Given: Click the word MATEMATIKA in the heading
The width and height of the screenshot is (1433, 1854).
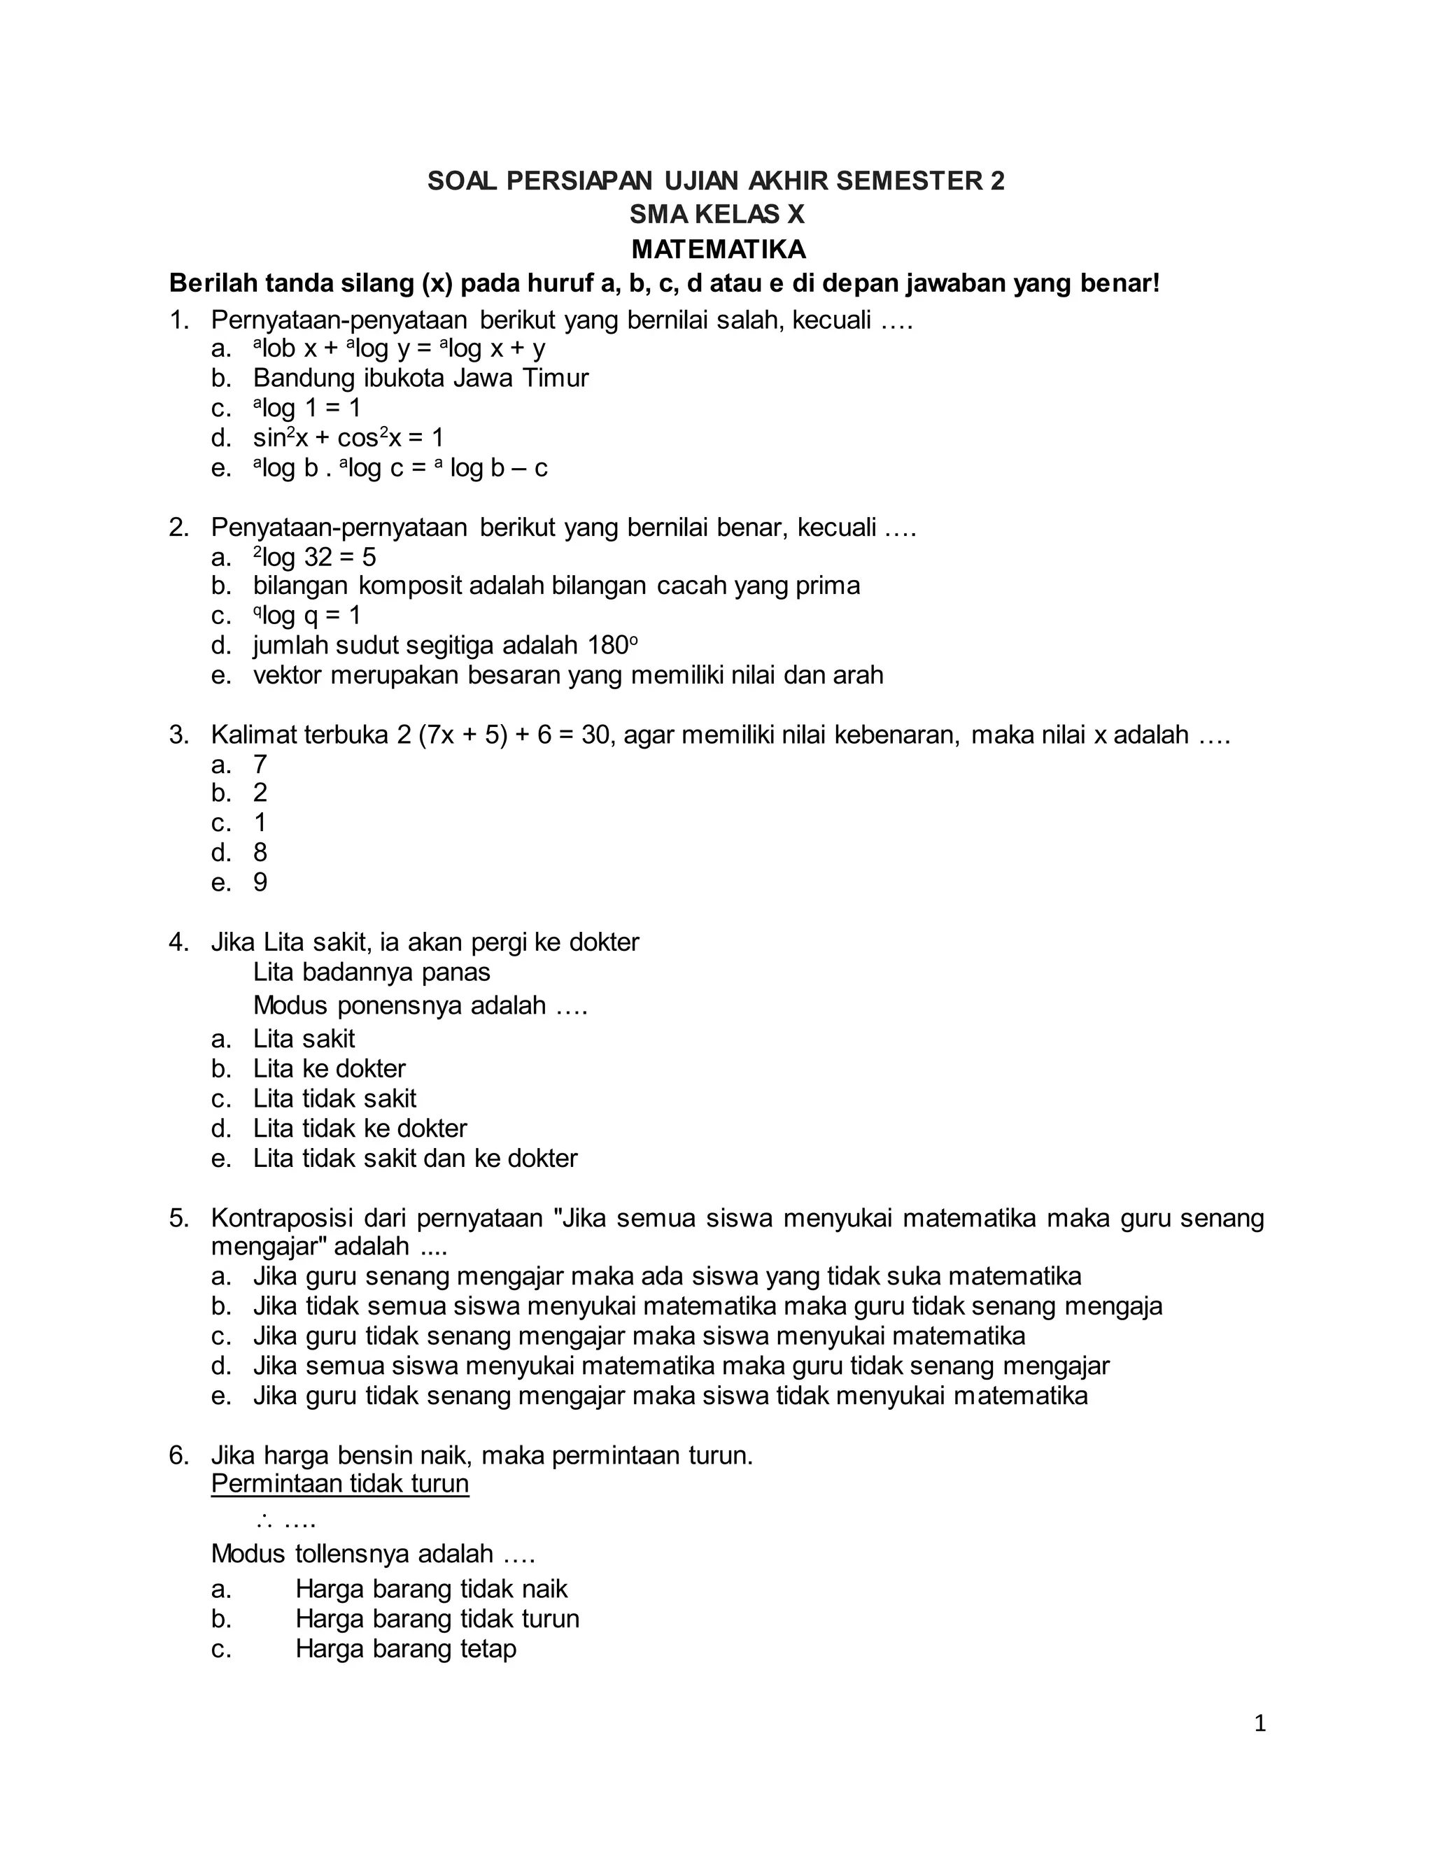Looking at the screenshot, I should click(x=718, y=250).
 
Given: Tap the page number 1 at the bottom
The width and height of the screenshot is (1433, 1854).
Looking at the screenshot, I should click(x=1259, y=1723).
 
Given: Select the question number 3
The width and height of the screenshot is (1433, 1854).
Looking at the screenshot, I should click(x=178, y=735).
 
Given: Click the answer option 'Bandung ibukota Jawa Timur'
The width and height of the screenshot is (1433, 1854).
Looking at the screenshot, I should click(x=421, y=378).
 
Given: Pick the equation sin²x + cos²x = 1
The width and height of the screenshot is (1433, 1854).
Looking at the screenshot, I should click(x=348, y=438).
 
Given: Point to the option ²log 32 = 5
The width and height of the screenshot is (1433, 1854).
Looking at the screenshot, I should click(x=314, y=557).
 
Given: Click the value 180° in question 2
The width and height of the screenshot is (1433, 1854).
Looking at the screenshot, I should click(x=612, y=645).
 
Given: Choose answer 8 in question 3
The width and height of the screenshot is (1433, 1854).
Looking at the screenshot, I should click(x=260, y=852).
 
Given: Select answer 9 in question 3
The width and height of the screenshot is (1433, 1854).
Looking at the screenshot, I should click(x=260, y=882).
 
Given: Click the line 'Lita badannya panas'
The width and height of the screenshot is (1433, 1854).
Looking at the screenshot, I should click(x=372, y=972).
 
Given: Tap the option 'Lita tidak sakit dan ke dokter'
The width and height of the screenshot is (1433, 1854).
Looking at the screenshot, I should click(x=415, y=1158).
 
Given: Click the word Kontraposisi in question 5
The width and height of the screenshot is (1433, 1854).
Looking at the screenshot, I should click(x=282, y=1218).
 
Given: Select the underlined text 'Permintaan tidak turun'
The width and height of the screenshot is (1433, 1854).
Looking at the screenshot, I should click(x=339, y=1483).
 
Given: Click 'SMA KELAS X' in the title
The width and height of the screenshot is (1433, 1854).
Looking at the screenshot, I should click(x=716, y=215).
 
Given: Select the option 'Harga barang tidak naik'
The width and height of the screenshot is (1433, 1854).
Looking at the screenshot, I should click(x=431, y=1588).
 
